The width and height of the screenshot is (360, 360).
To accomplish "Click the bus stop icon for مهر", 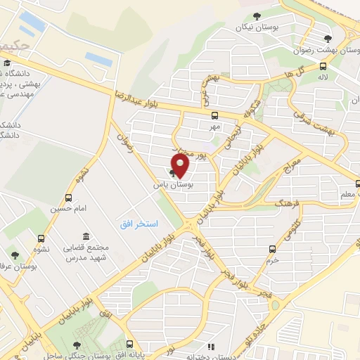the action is click(214, 116).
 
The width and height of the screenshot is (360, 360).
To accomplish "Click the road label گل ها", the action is click(304, 70).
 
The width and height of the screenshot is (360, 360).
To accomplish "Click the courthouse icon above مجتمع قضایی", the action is click(86, 236).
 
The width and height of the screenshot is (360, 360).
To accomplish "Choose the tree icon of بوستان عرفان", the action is click(15, 255).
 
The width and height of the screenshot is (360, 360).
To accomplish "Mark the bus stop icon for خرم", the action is click(272, 248).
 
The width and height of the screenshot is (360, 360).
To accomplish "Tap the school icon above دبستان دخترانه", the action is click(210, 345).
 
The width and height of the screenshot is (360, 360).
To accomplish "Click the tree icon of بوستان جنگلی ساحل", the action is click(77, 345).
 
